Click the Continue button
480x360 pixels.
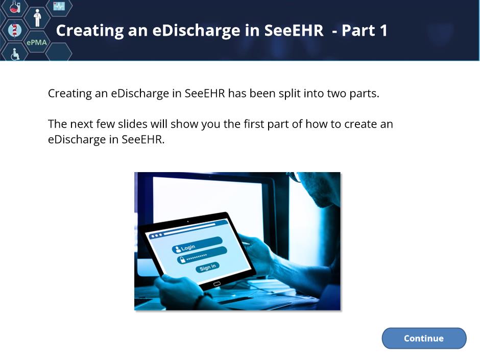(424, 338)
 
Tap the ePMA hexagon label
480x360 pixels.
(36, 42)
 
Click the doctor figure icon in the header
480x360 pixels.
(37, 17)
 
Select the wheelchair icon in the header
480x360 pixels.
(15, 54)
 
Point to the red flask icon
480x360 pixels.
(15, 7)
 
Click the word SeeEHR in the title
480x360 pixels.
(294, 30)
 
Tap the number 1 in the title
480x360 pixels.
(383, 30)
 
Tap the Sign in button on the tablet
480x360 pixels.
(207, 267)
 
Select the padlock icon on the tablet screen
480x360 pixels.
(182, 260)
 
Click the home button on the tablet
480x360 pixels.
(217, 284)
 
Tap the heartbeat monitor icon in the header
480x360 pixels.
(59, 6)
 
